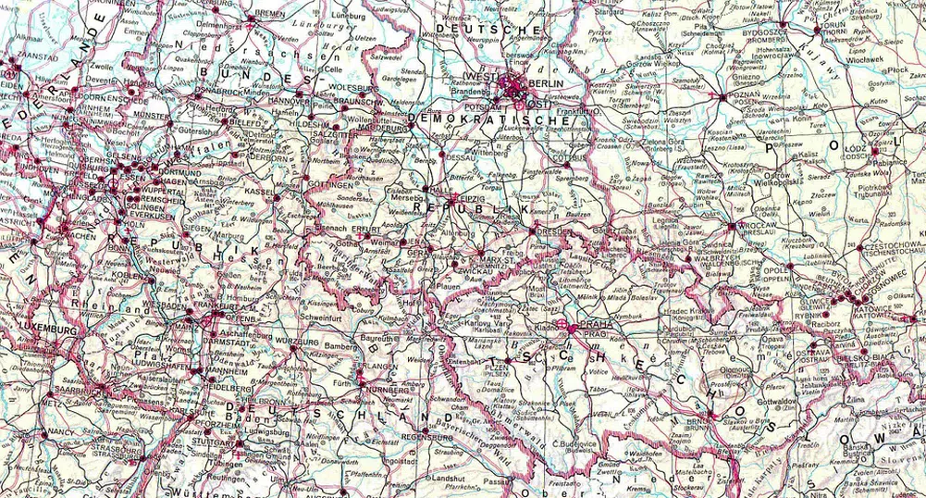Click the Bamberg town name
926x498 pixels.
(341, 346)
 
